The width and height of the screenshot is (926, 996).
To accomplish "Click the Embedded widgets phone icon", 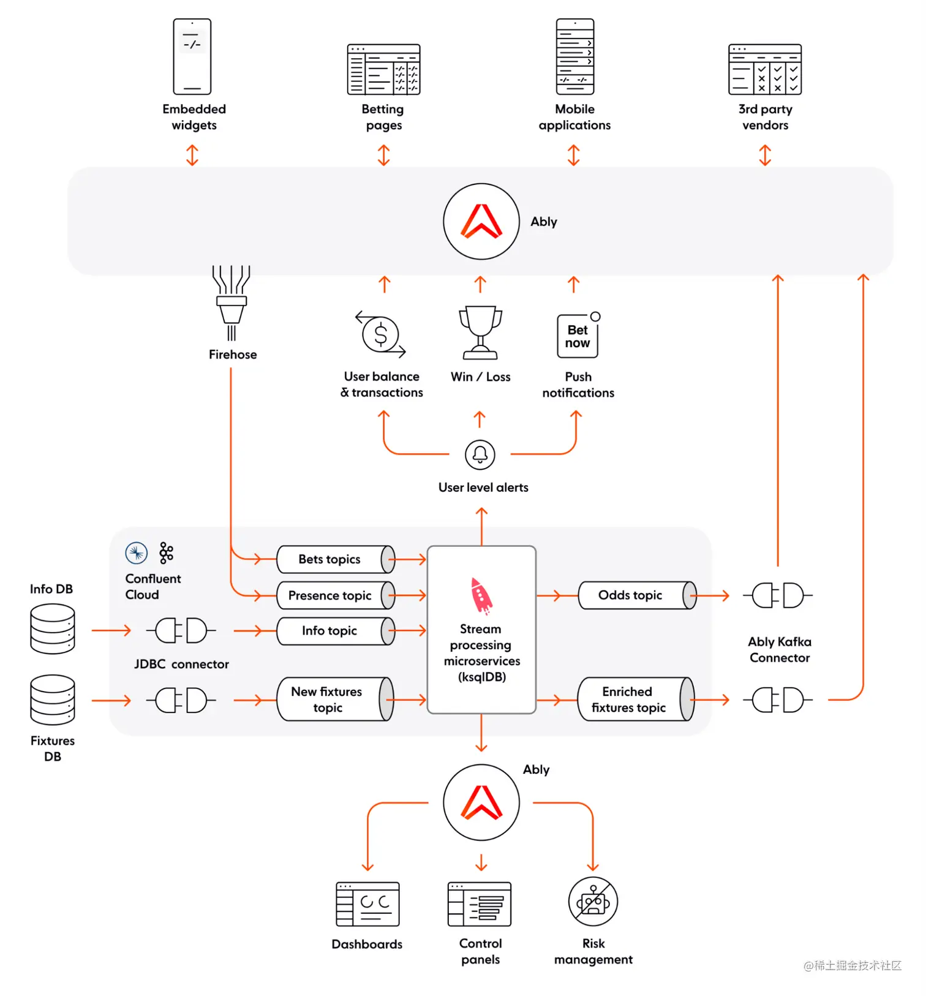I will pyautogui.click(x=192, y=56).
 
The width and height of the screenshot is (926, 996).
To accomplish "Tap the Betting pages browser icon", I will pyautogui.click(x=383, y=69).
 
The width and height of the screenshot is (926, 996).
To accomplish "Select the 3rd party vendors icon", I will pyautogui.click(x=765, y=69).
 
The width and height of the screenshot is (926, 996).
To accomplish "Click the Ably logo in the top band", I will pyautogui.click(x=481, y=222).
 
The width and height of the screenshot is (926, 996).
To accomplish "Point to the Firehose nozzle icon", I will pyautogui.click(x=231, y=302).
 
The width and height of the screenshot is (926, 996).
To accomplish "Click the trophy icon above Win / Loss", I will pyautogui.click(x=481, y=332).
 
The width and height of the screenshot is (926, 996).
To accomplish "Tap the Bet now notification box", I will pyautogui.click(x=578, y=336).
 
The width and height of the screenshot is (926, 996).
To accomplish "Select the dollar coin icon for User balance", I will pyautogui.click(x=380, y=335).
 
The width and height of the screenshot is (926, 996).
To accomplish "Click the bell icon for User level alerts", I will pyautogui.click(x=480, y=455).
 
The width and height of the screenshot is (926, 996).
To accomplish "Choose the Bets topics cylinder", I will pyautogui.click(x=336, y=559).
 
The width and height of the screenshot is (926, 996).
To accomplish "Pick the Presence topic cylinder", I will pyautogui.click(x=336, y=595).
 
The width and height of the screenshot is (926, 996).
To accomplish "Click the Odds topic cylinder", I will pyautogui.click(x=637, y=595).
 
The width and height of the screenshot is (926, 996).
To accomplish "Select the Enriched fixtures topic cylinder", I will pyautogui.click(x=636, y=699).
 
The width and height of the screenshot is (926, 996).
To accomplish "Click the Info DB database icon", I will pyautogui.click(x=53, y=628).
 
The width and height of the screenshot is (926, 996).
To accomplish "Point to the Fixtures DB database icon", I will pyautogui.click(x=53, y=700).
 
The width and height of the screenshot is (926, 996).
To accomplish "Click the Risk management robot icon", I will pyautogui.click(x=593, y=902).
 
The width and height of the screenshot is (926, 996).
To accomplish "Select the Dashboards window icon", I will pyautogui.click(x=367, y=904).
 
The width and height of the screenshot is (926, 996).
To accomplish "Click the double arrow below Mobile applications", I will pyautogui.click(x=574, y=155).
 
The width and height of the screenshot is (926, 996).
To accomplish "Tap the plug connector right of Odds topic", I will pyautogui.click(x=778, y=595).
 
